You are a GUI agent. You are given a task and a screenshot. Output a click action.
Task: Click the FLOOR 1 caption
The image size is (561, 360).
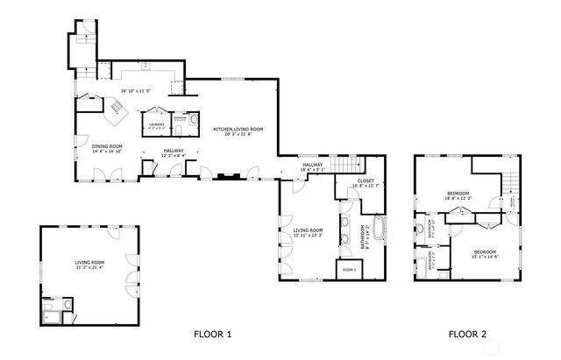[x=212, y=334]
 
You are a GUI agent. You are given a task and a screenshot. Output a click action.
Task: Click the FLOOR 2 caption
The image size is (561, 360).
[x=466, y=334]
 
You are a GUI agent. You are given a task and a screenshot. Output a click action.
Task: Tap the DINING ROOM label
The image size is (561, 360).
[x=106, y=146]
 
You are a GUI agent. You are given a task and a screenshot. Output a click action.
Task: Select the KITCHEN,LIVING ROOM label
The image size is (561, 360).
[x=238, y=129]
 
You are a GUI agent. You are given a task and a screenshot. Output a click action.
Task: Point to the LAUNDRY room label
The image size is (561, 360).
[x=156, y=124]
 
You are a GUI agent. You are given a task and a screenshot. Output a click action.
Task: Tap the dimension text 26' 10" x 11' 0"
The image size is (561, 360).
[x=136, y=90]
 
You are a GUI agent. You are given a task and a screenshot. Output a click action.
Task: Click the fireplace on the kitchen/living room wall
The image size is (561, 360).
[x=229, y=174]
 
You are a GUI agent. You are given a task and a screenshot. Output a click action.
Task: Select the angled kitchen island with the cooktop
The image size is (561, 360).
[x=116, y=107]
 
